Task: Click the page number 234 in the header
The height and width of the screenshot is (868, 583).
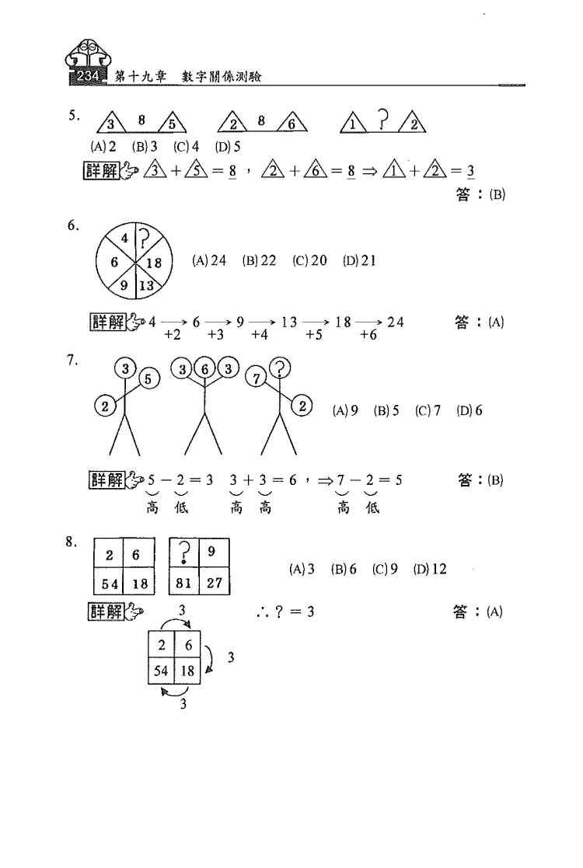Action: click(x=88, y=76)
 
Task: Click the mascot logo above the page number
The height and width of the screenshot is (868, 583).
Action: click(x=88, y=54)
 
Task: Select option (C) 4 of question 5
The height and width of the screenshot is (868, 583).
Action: click(x=186, y=147)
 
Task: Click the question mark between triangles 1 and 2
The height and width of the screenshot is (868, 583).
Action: click(x=383, y=120)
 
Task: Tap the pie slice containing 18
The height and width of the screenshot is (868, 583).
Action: click(x=153, y=262)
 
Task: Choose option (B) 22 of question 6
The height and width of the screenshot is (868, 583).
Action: click(x=259, y=260)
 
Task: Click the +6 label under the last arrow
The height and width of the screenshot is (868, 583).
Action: click(x=368, y=335)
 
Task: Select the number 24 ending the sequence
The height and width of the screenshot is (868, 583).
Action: click(x=396, y=322)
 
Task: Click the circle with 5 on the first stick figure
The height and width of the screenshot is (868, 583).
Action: click(x=148, y=379)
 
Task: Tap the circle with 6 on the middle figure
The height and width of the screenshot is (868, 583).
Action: click(x=205, y=368)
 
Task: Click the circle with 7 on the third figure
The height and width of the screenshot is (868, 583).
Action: click(x=257, y=378)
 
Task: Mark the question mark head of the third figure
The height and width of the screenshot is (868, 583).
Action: click(x=281, y=368)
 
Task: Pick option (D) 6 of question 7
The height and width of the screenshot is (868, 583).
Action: click(x=470, y=410)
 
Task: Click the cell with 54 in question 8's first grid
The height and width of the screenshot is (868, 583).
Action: click(x=110, y=582)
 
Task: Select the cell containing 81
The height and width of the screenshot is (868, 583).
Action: click(x=183, y=582)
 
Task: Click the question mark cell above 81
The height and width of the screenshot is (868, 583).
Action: click(x=184, y=553)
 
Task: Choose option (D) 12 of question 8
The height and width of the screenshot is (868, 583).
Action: click(x=430, y=569)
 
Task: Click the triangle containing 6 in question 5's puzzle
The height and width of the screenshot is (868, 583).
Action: click(x=291, y=122)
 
